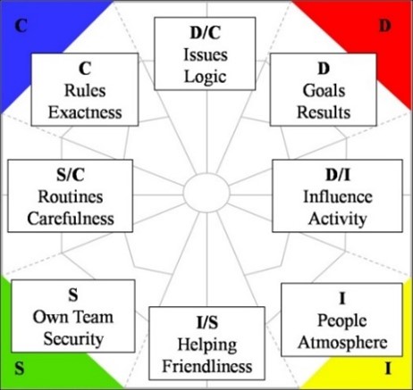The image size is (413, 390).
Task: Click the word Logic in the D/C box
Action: coord(206,78)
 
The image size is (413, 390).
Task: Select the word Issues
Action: coord(206,55)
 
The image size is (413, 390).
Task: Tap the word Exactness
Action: coord(85,112)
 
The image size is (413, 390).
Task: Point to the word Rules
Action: coord(85,90)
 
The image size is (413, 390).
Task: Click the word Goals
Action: coord(324,90)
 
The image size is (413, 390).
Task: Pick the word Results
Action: coord(324,112)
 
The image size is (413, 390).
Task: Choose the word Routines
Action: coord(71,196)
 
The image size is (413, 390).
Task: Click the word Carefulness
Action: coord(71,219)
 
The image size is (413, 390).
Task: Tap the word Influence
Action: coord(338,196)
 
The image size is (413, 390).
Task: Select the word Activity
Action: coord(338,220)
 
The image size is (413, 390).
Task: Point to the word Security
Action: coord(73,339)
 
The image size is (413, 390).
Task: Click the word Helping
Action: coord(207,345)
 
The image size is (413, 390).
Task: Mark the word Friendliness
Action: coord(207,366)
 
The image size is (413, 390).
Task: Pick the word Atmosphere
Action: coord(342,343)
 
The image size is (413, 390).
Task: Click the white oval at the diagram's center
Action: coord(206,194)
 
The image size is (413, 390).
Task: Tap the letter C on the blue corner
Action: coord(21,26)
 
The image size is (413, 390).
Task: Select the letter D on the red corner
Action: coord(385,26)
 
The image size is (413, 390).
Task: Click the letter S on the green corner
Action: coord(20,369)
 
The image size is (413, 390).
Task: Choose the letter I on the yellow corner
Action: coord(388,369)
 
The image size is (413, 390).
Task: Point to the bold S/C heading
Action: coord(71,175)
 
